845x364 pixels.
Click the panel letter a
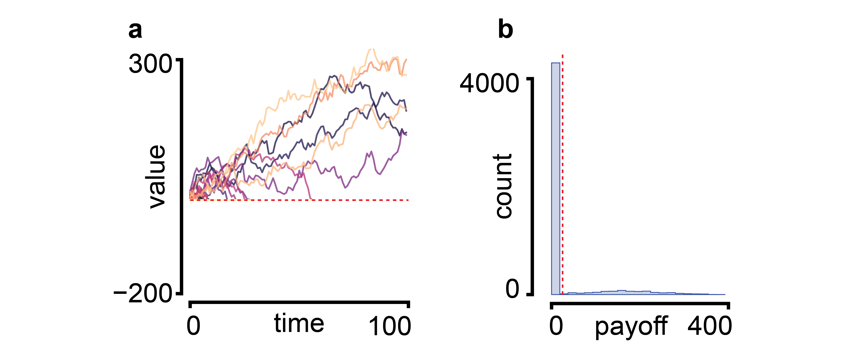(x=135, y=31)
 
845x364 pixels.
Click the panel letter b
(x=505, y=30)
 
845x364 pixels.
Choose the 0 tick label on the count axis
(x=512, y=289)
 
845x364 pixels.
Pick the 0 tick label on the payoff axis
(x=556, y=326)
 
